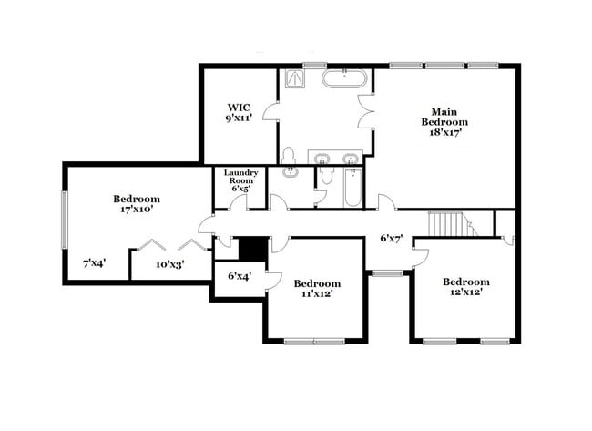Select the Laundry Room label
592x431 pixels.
(x=241, y=180)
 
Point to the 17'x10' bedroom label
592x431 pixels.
(x=137, y=204)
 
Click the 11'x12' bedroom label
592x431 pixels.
(x=317, y=288)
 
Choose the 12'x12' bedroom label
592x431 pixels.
(x=465, y=287)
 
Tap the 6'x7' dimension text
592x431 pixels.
(x=391, y=239)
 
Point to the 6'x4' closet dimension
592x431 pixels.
(x=239, y=275)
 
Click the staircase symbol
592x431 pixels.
(x=448, y=224)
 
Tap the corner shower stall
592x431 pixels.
(x=297, y=78)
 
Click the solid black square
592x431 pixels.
(x=252, y=249)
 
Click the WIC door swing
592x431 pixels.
(x=270, y=111)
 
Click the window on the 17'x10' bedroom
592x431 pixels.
(x=64, y=219)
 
